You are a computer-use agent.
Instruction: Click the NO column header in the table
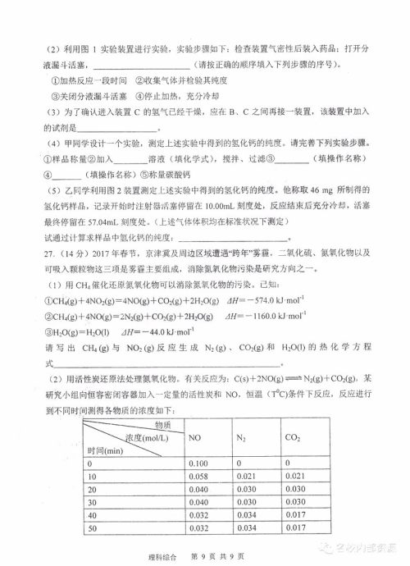click(x=195, y=439)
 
